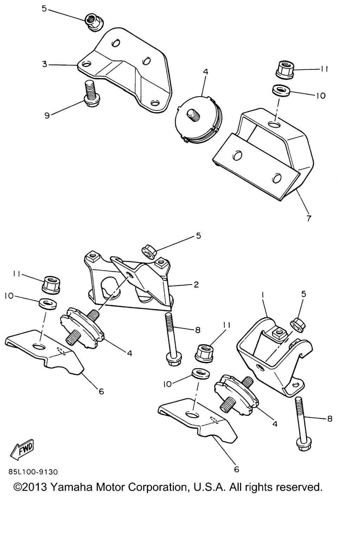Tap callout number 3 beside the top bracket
(45, 65)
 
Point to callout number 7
(309, 218)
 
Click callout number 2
(196, 285)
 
